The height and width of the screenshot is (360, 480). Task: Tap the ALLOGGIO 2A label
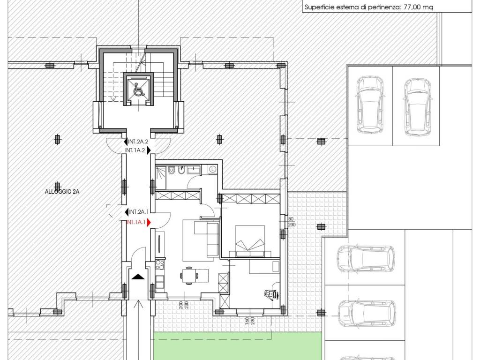click(62, 192)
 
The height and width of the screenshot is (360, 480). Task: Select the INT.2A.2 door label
click(138, 142)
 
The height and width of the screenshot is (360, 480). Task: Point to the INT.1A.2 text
click(135, 150)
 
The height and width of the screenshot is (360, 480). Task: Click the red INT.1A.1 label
click(136, 222)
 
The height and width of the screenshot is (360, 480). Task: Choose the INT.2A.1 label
click(139, 211)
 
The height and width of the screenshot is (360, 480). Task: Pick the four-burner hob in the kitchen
click(160, 264)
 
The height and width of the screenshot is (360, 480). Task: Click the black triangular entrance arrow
click(138, 277)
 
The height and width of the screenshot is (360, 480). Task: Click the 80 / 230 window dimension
click(292, 222)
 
